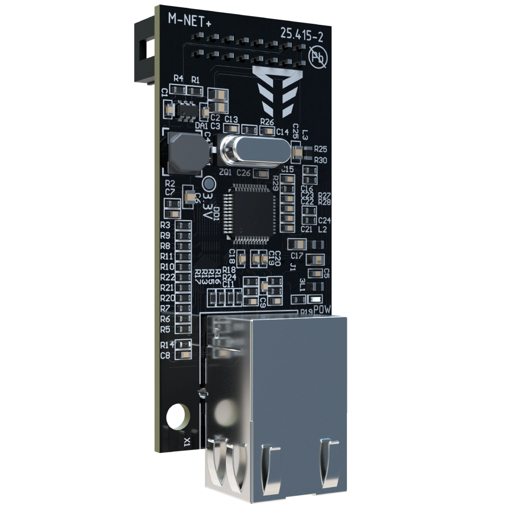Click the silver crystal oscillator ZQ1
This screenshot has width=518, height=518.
click(253, 149)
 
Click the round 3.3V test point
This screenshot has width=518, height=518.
click(209, 183)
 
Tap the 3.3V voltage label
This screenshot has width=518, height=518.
click(207, 206)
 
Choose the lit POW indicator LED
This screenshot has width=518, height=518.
click(315, 299)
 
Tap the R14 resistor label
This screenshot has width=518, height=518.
click(166, 344)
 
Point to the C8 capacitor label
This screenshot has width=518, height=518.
click(166, 355)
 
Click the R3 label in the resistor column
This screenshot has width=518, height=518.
click(166, 225)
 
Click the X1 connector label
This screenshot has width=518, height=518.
click(187, 441)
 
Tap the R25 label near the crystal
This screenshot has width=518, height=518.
click(320, 149)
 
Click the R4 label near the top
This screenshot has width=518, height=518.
click(178, 79)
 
